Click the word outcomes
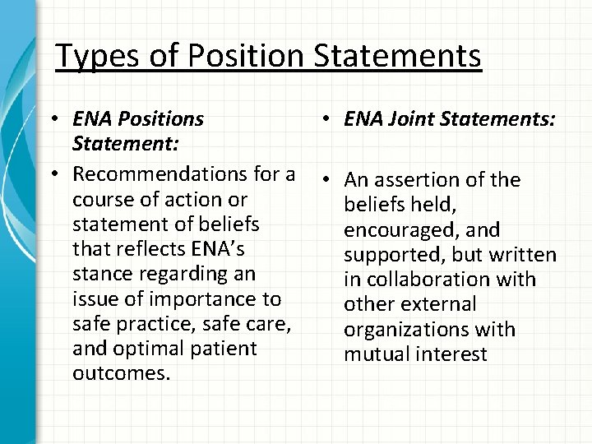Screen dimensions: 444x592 [121, 372]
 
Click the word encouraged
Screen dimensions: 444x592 [404, 229]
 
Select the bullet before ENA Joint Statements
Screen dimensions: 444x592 [326, 120]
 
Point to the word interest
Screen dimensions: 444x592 [449, 354]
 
